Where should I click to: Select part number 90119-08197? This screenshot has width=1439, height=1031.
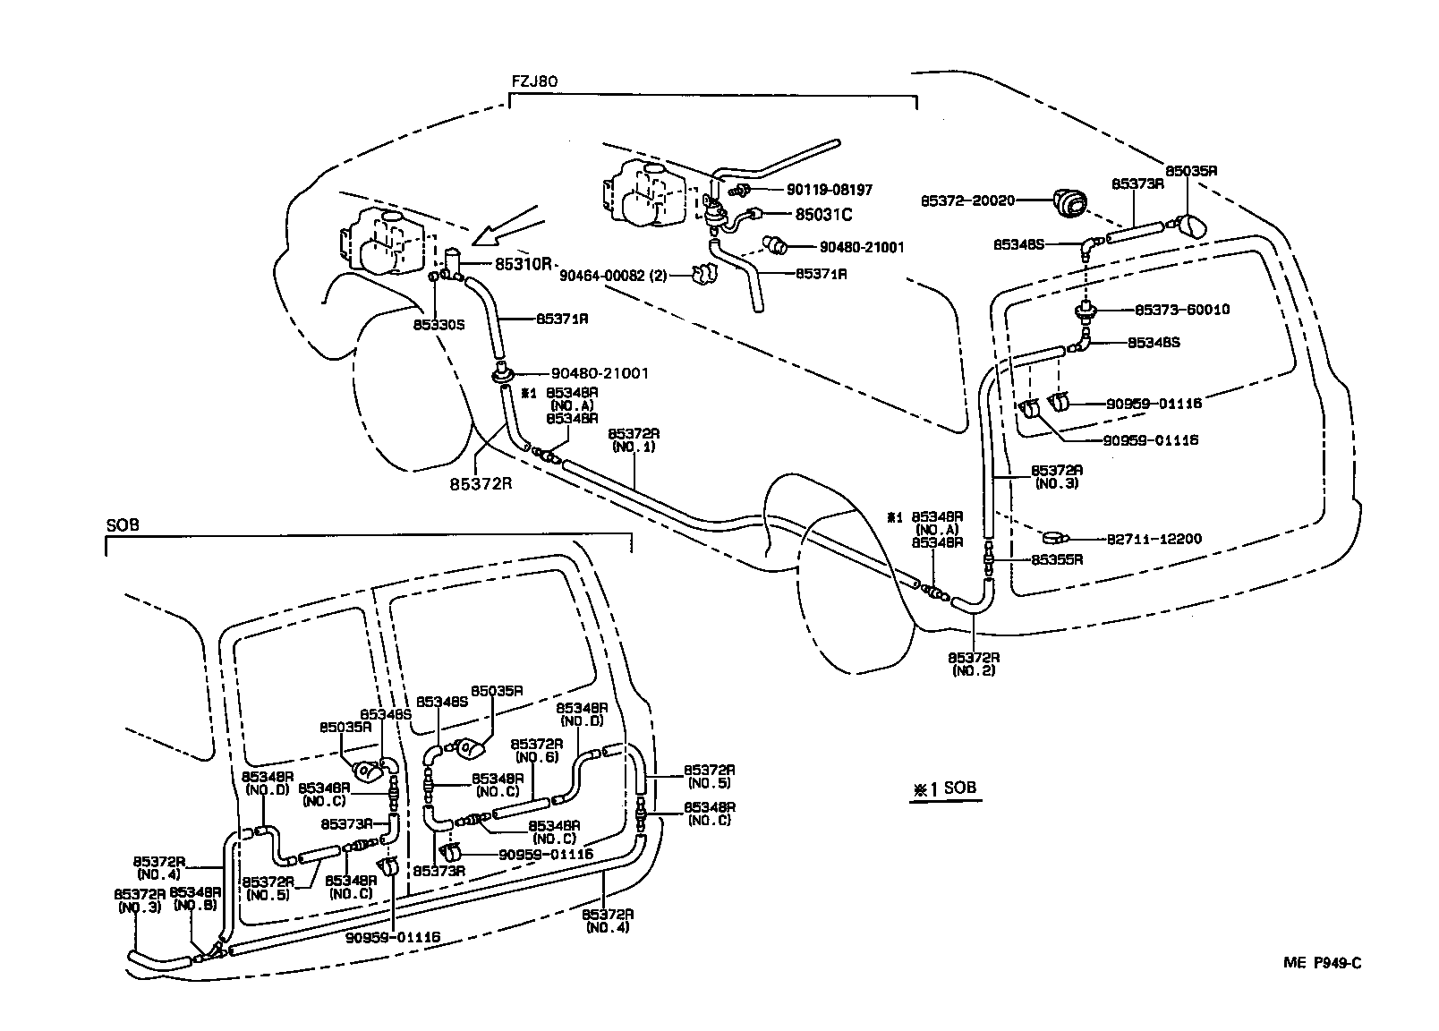(829, 190)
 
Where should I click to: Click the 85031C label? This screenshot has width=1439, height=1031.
(823, 214)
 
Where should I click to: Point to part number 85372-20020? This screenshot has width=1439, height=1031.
(967, 200)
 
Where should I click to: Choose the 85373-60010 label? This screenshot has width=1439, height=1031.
(1181, 310)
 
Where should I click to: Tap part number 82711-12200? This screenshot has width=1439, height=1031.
(1154, 539)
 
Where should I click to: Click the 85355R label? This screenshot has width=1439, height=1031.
(1057, 559)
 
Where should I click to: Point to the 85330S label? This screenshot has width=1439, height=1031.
(439, 325)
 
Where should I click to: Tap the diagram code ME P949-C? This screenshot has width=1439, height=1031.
(1322, 962)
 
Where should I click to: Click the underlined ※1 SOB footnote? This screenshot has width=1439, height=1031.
(944, 789)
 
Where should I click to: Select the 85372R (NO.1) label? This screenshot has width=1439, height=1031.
(633, 439)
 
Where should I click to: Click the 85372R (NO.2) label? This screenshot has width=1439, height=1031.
(974, 663)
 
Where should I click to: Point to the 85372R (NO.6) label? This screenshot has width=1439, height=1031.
(537, 750)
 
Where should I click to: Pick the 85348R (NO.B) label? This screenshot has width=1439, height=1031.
(192, 899)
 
